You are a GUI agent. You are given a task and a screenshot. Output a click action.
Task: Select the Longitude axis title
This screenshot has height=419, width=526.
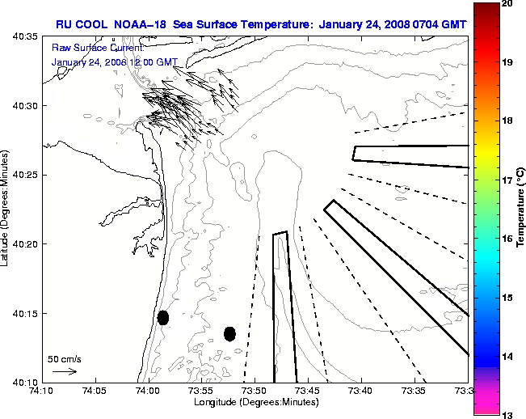coord(255,402)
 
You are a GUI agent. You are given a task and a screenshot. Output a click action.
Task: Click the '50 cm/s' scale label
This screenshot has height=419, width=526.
coord(65,358)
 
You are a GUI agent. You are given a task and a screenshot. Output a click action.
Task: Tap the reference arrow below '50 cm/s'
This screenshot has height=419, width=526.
coord(65,371)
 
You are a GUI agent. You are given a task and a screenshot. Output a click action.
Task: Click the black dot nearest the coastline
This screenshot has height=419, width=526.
coord(163,317)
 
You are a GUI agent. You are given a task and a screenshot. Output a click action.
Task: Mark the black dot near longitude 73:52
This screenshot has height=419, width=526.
coord(229,333)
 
